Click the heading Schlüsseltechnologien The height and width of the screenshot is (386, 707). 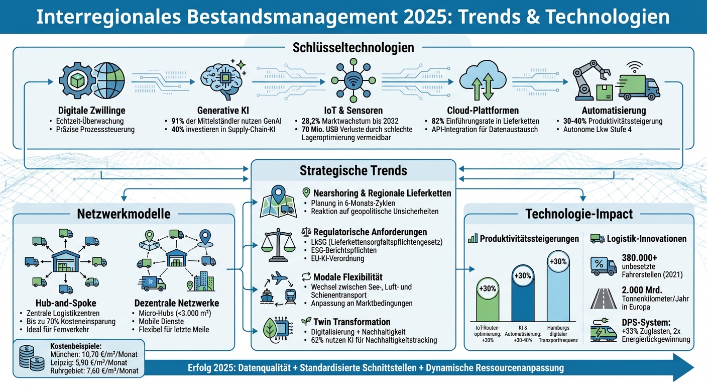pos(353,48)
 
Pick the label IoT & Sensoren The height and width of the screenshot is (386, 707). pos(353,110)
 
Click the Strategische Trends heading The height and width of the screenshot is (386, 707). pos(353,170)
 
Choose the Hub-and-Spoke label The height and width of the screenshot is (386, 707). pos(65,303)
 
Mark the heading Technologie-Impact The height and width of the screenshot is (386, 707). pos(578,214)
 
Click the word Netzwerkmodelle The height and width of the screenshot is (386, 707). pos(124,214)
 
